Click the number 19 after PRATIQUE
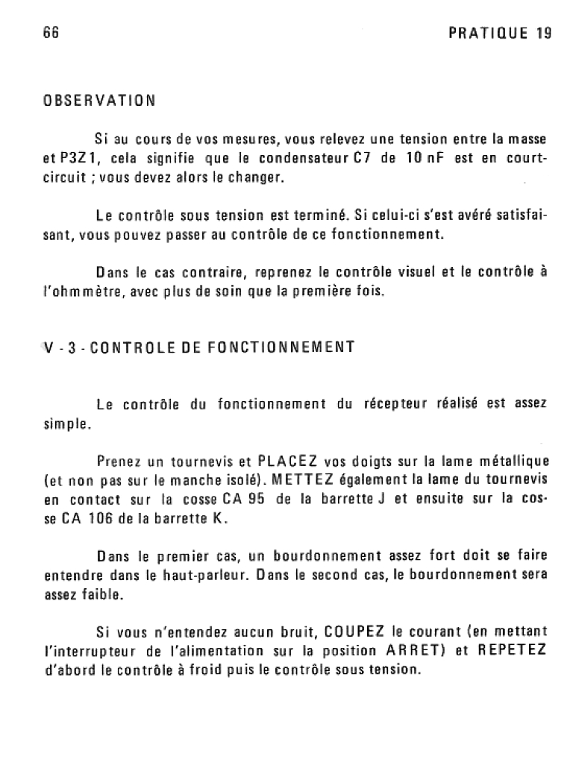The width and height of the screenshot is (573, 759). point(543,34)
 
